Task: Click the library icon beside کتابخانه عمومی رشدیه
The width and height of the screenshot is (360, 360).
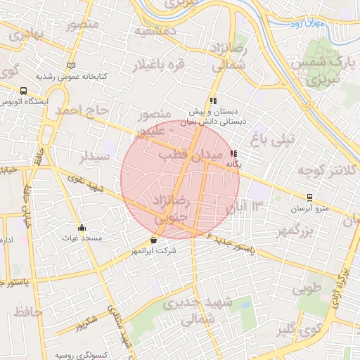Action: click(70, 65)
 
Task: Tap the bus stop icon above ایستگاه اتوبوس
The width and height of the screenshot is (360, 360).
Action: click(25, 91)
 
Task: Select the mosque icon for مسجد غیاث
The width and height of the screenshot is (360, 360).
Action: click(82, 227)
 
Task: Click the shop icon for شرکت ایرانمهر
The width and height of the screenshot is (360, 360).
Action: click(153, 240)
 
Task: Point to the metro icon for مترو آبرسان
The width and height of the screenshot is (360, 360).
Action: click(309, 198)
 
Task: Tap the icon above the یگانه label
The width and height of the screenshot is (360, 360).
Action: click(233, 153)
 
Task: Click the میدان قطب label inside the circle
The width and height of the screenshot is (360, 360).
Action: click(190, 153)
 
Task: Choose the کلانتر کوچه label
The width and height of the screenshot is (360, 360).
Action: click(323, 171)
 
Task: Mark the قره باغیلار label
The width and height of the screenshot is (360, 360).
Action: click(158, 67)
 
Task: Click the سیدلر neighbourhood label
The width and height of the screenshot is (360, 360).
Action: click(94, 156)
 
